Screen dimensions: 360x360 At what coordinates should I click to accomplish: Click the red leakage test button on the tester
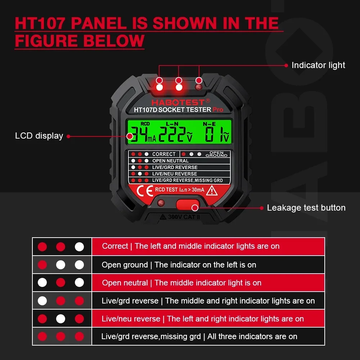[x=187, y=204]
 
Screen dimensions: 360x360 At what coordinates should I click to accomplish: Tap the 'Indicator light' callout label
[x=318, y=65]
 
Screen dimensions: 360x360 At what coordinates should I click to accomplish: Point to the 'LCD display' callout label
[x=39, y=136]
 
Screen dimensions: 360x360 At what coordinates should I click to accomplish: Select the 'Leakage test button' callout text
[x=306, y=208]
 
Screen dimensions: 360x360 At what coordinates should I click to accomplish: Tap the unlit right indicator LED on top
[x=198, y=87]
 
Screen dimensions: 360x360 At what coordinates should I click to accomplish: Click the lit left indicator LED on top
[x=159, y=87]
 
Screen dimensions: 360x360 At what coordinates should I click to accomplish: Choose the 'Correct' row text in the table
[x=190, y=246]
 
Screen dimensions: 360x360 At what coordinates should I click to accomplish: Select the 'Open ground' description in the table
[x=179, y=265]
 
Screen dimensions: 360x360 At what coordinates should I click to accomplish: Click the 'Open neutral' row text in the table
[x=181, y=283]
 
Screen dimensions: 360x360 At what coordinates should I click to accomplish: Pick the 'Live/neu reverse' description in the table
[x=203, y=319]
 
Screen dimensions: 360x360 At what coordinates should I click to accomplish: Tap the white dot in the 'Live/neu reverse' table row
[x=60, y=319]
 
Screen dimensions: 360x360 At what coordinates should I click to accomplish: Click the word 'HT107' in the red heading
[x=40, y=23]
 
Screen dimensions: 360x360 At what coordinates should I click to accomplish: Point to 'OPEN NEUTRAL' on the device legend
[x=170, y=161]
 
